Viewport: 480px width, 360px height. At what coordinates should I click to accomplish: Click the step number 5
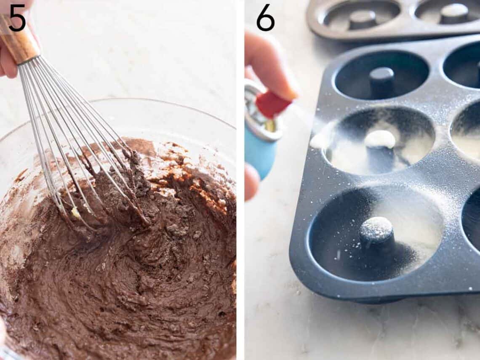(x=17, y=18)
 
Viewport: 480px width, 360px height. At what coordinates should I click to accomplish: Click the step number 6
(x=265, y=18)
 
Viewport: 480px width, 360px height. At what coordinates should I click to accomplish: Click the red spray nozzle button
(x=273, y=104)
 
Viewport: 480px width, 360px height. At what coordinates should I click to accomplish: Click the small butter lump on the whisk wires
(x=76, y=213)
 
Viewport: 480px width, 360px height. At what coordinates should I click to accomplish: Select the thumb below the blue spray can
(x=251, y=181)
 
